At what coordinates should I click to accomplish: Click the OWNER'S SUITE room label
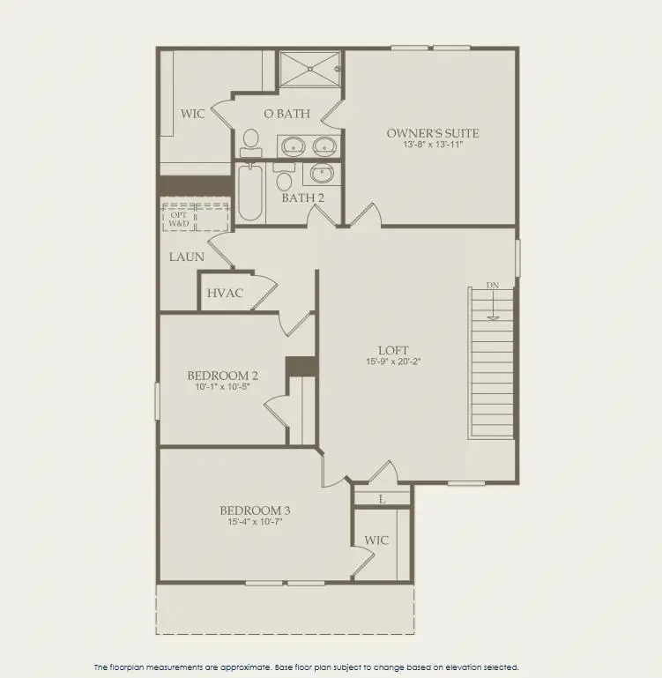tap(432, 133)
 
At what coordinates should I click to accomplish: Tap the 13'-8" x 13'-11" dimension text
tap(432, 145)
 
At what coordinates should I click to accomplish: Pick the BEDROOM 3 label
tap(255, 510)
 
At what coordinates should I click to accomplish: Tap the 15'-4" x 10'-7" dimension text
tap(255, 522)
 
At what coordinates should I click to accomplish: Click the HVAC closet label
tap(225, 293)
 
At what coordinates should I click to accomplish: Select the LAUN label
tap(187, 257)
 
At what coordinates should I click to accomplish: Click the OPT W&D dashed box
tap(195, 217)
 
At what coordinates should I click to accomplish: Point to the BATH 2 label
tap(302, 197)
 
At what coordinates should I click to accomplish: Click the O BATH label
tap(286, 113)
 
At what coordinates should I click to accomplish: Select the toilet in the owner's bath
tap(251, 141)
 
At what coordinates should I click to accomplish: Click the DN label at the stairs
tap(492, 286)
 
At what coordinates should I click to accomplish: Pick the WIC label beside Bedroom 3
tap(376, 540)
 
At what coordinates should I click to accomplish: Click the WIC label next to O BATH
tap(193, 114)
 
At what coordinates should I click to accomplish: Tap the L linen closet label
tap(382, 499)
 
